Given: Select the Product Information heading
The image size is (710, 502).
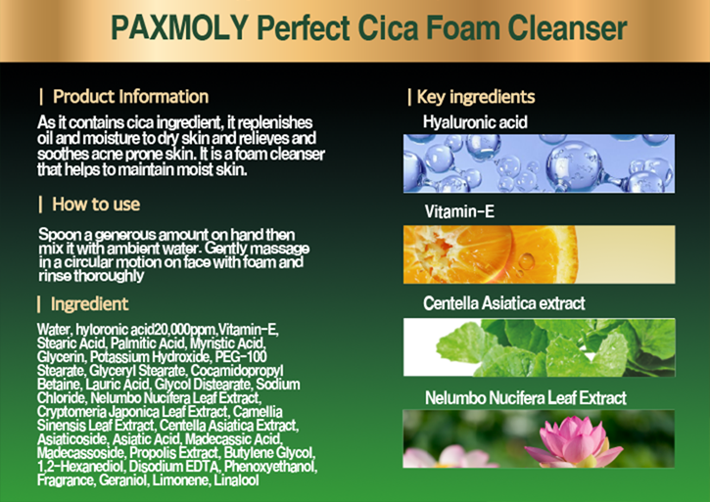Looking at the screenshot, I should [130, 97].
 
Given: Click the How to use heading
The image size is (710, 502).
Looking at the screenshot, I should [96, 205].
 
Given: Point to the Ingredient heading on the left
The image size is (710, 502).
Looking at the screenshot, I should [89, 303].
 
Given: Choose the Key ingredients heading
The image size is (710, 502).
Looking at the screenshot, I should [475, 97].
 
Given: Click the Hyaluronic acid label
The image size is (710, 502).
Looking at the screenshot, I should [475, 123].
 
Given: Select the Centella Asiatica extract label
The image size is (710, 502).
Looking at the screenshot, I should [504, 303].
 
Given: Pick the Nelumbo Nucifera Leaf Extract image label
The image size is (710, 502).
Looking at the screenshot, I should [525, 398].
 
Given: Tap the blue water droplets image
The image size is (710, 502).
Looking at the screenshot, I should [539, 162].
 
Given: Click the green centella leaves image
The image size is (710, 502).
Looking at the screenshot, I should [539, 347].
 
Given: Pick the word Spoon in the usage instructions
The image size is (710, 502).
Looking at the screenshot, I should [56, 235].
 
